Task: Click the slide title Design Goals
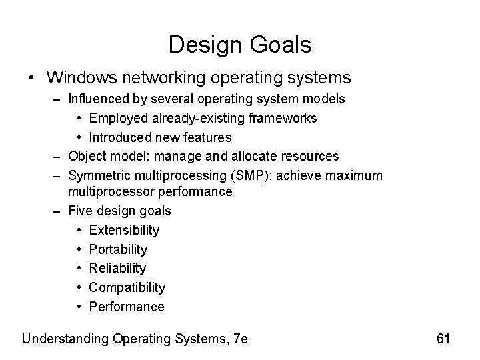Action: [x=240, y=45]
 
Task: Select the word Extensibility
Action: [x=124, y=230]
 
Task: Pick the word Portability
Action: [x=118, y=249]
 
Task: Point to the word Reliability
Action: [x=117, y=268]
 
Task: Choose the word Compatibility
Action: [x=127, y=287]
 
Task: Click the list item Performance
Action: [x=126, y=307]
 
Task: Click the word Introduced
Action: [x=120, y=137]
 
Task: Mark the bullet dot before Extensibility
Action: [x=79, y=230]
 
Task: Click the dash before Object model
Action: [x=58, y=156]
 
